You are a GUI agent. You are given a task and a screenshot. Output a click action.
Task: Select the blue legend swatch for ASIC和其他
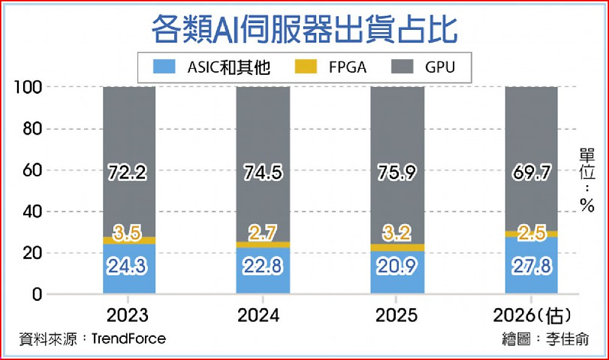162,67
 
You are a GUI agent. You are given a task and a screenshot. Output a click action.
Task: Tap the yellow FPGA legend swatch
308,67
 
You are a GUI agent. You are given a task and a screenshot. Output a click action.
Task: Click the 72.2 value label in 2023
128,173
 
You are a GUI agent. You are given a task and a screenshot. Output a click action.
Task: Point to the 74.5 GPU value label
262,173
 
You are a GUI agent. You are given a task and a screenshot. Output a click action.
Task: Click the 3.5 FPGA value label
128,231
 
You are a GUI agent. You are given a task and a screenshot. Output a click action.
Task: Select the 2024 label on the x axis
262,316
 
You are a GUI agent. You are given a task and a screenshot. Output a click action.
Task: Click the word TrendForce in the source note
128,339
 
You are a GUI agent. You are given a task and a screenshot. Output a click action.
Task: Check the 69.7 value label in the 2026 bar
531,173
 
